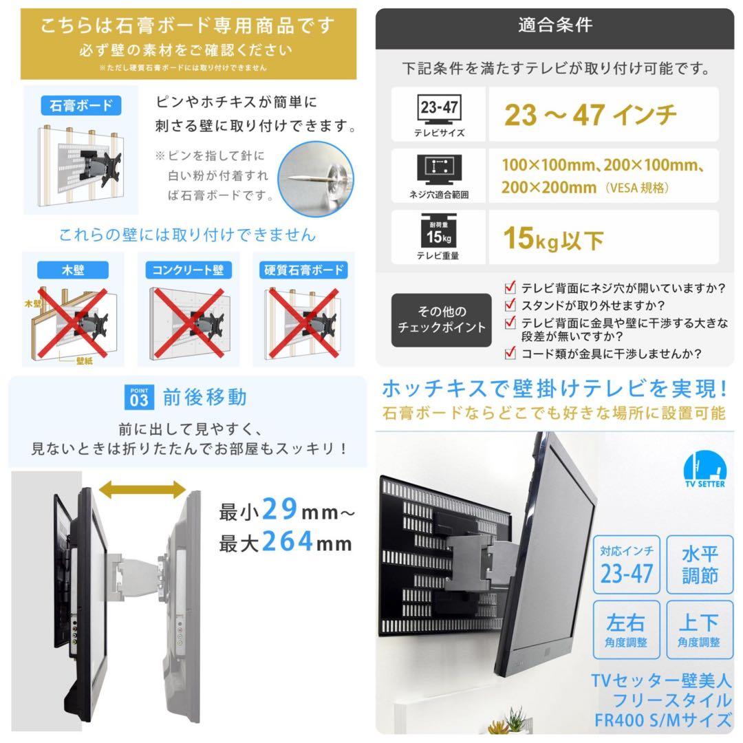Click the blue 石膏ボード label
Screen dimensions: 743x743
(x=81, y=107)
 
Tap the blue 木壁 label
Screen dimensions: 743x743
(x=74, y=270)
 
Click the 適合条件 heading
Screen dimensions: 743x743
(x=554, y=26)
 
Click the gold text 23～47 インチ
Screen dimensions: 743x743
(x=590, y=114)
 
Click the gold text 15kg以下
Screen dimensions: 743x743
(x=553, y=239)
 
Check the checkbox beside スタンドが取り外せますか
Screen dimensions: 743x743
(x=510, y=305)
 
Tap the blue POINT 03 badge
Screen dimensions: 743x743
(x=138, y=398)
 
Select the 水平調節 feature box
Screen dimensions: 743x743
(x=699, y=565)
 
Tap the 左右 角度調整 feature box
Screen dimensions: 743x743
(x=626, y=629)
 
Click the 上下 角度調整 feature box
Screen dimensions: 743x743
(x=699, y=629)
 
